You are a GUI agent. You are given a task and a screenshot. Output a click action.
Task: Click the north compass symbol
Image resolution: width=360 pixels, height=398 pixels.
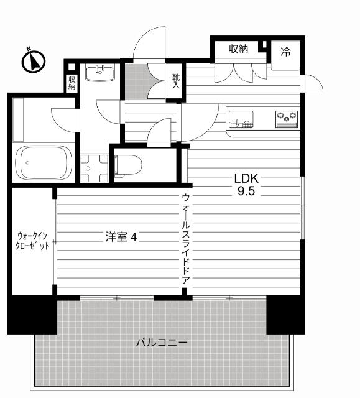pos(35,61)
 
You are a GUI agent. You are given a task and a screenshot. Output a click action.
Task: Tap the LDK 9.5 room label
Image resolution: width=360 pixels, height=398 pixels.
pos(245,184)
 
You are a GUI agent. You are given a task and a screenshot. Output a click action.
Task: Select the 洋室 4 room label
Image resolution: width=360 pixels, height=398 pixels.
pos(121,236)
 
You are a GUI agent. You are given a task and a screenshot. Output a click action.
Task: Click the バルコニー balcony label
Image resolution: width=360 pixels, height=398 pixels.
pos(162,343)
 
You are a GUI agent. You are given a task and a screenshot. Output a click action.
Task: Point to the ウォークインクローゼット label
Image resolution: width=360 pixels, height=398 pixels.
pos(33,241)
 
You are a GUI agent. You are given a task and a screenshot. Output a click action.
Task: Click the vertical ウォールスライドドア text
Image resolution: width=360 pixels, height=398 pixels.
pos(185,239)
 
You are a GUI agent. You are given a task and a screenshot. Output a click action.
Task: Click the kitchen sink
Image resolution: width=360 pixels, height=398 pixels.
pos(242,118)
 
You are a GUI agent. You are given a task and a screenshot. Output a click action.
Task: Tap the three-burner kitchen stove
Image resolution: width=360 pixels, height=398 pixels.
pos(287,117)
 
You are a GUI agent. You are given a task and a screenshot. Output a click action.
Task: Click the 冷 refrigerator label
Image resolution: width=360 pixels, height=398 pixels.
pos(285,50)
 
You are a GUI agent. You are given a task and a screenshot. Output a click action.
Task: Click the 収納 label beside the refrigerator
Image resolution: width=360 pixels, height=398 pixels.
pos(238,49)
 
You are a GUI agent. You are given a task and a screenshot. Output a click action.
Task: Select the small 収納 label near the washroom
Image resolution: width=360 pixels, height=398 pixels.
pos(72,83)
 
